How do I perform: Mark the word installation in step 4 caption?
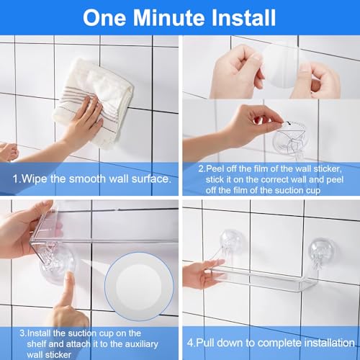click(318, 334)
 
